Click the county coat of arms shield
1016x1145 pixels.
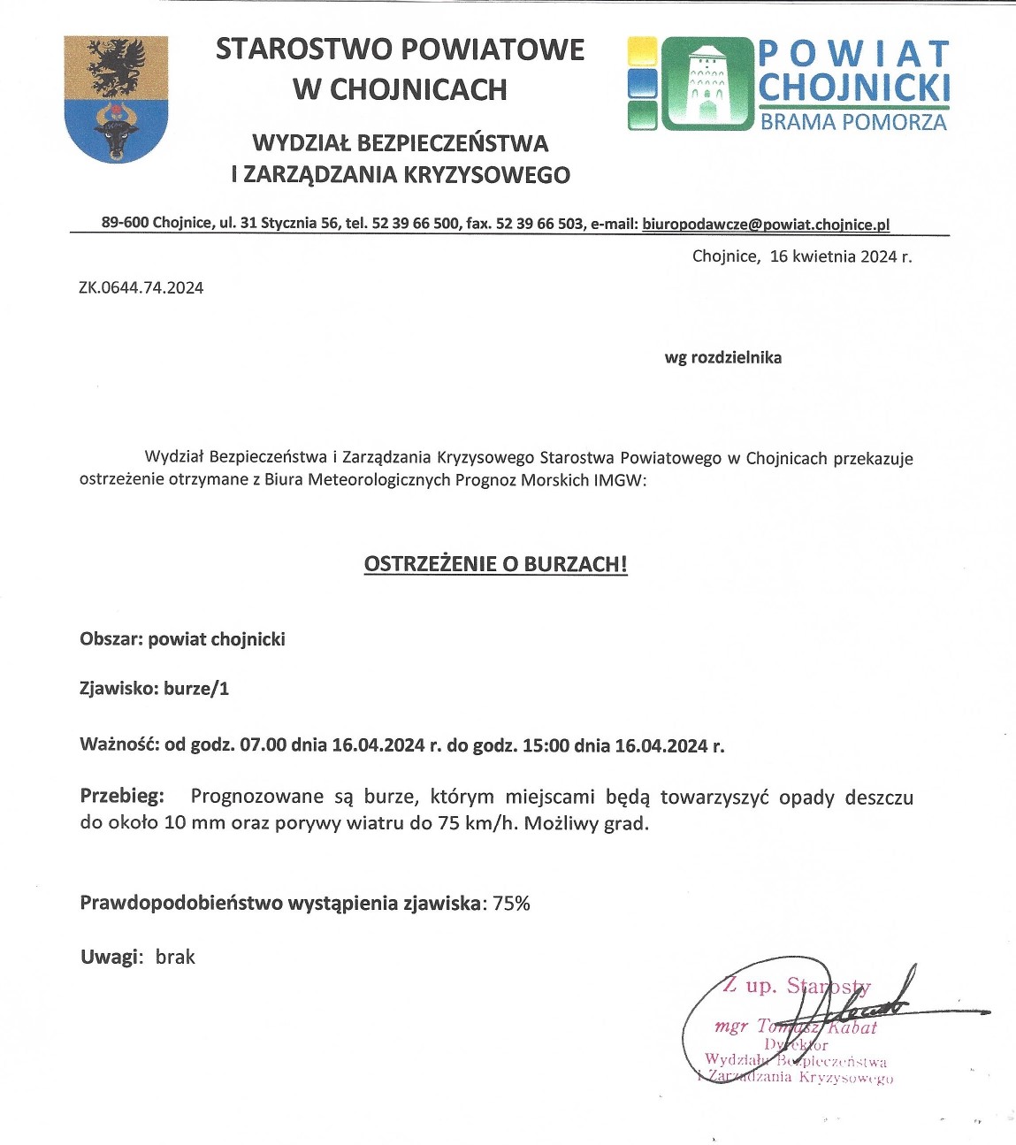(116, 99)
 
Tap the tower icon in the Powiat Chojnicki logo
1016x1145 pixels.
(706, 83)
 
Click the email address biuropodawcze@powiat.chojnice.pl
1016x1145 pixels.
(766, 224)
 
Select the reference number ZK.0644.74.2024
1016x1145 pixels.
(141, 287)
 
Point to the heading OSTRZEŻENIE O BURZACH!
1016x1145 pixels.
(495, 564)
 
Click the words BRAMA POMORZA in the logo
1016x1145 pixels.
(853, 122)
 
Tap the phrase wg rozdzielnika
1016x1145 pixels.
(722, 358)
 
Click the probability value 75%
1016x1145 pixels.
(511, 904)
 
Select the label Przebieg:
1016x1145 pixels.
(122, 796)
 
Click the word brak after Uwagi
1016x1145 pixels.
(175, 957)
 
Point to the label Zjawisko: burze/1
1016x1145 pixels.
(154, 688)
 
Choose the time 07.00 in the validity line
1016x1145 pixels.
(264, 744)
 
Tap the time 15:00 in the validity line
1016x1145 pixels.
(546, 744)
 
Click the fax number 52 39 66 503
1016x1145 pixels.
(539, 224)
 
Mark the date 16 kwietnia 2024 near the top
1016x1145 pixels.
(840, 257)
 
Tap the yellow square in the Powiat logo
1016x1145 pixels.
(642, 51)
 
